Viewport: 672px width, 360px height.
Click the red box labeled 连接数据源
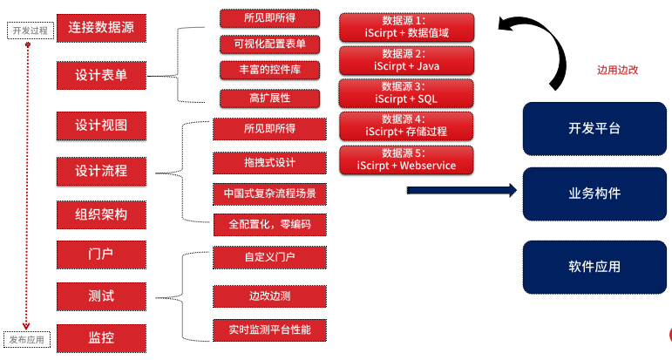tap(100, 28)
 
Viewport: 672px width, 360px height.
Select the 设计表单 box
tap(100, 75)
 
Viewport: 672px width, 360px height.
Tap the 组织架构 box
tap(100, 214)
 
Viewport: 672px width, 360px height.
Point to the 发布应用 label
tap(28, 338)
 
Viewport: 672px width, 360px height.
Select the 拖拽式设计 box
tap(269, 163)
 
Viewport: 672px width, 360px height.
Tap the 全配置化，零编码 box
tap(269, 224)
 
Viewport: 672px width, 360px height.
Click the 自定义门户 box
tap(269, 258)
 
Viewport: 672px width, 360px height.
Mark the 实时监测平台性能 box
tap(269, 330)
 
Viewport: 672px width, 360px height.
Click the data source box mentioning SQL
tap(405, 92)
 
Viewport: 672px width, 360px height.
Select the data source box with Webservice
tap(405, 160)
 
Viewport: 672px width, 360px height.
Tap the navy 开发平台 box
tap(588, 128)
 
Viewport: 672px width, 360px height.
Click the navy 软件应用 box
tap(588, 266)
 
